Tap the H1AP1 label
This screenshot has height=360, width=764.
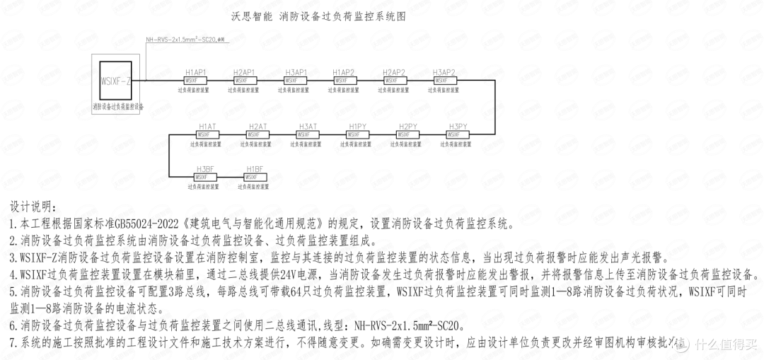(x=196, y=72)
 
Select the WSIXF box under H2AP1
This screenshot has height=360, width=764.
(x=244, y=81)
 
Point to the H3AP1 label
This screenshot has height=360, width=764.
(x=296, y=72)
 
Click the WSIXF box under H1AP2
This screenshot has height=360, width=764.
(x=344, y=81)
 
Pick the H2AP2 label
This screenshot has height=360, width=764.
(x=394, y=72)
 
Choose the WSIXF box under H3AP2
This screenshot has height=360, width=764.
(x=444, y=81)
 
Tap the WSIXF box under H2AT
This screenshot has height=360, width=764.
(x=257, y=134)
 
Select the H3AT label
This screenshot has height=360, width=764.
(x=308, y=126)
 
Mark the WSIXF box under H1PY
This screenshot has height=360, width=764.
(x=357, y=134)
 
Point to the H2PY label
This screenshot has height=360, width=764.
(x=408, y=126)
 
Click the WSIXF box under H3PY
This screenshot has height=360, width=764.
(x=458, y=134)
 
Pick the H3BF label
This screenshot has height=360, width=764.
(x=204, y=169)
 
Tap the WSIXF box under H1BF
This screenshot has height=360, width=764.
(x=254, y=178)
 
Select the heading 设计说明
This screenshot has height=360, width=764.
(x=31, y=207)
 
